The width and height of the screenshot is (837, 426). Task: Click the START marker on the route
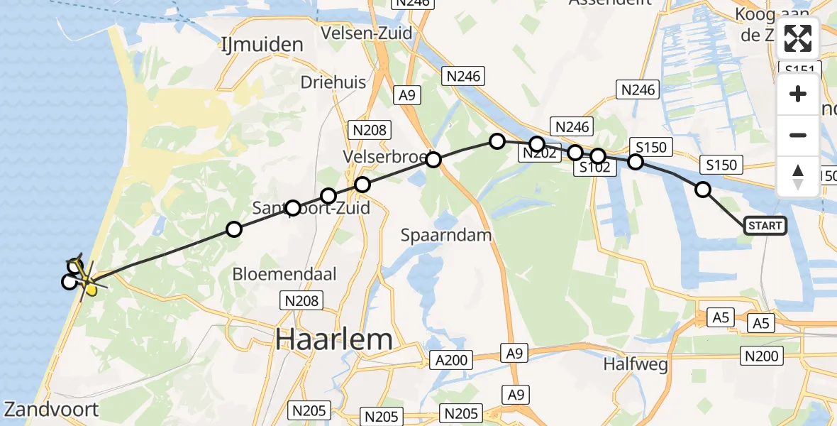pyautogui.click(x=765, y=226)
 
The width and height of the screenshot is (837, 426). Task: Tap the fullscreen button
pyautogui.click(x=798, y=38)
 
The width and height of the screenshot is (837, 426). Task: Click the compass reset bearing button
pyautogui.click(x=798, y=177)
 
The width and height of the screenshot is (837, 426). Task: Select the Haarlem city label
pyautogui.click(x=333, y=339)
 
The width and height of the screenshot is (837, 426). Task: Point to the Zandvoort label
pyautogui.click(x=51, y=409)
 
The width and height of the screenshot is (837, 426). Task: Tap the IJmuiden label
pyautogui.click(x=262, y=44)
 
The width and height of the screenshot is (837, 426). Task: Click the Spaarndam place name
pyautogui.click(x=446, y=234)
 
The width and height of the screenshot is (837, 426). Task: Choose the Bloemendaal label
pyautogui.click(x=284, y=274)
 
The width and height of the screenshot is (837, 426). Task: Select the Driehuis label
pyautogui.click(x=333, y=82)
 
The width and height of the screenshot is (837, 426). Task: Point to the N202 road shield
pyautogui.click(x=540, y=153)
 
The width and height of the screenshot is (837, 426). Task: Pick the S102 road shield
pyautogui.click(x=595, y=168)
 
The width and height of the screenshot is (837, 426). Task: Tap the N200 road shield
pyautogui.click(x=761, y=356)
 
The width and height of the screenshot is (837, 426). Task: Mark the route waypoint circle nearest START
pyautogui.click(x=703, y=190)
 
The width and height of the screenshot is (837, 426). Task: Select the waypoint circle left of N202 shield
pyautogui.click(x=497, y=141)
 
